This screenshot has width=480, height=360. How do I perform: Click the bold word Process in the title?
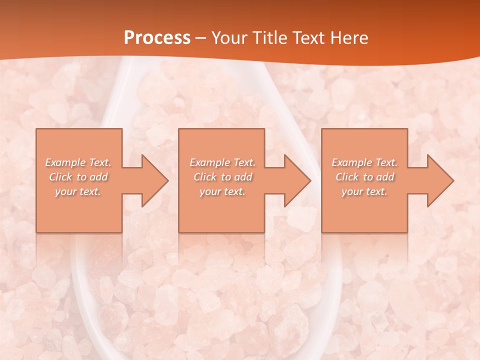tap(157, 38)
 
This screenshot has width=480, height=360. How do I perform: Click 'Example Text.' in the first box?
tap(78, 162)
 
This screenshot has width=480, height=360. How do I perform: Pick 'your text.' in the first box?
tap(78, 191)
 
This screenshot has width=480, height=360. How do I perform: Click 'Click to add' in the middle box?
tap(222, 177)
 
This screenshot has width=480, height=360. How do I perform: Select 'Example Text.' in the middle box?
tap(222, 162)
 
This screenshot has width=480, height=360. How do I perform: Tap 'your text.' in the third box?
tap(364, 191)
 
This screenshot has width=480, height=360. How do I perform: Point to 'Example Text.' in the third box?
tap(364, 162)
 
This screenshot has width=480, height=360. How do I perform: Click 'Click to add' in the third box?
tap(364, 177)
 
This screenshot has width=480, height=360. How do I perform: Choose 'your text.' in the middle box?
tap(222, 191)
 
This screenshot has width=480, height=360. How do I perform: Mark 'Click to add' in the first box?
tap(78, 177)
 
